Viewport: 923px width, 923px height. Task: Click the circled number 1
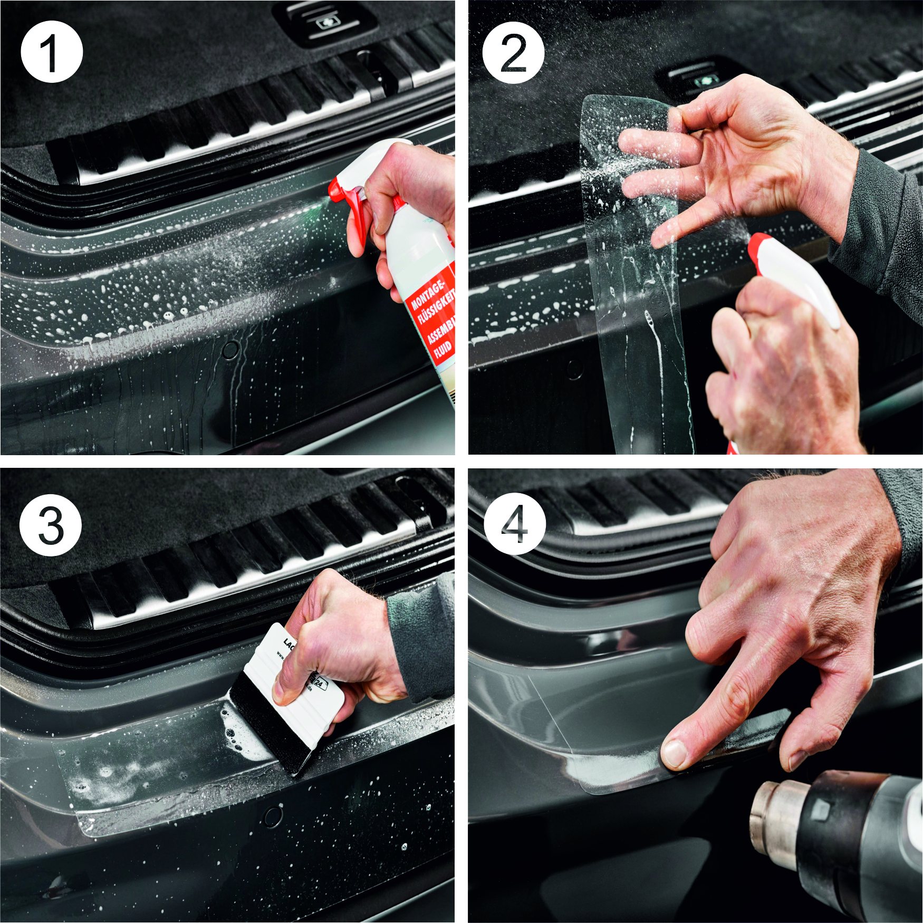[51, 52]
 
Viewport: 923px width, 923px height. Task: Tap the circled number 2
[513, 53]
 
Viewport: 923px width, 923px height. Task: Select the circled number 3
[51, 525]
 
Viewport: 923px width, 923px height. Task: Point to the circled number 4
[514, 524]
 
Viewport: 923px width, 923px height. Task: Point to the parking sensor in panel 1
[230, 349]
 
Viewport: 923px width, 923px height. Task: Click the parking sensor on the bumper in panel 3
[274, 817]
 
